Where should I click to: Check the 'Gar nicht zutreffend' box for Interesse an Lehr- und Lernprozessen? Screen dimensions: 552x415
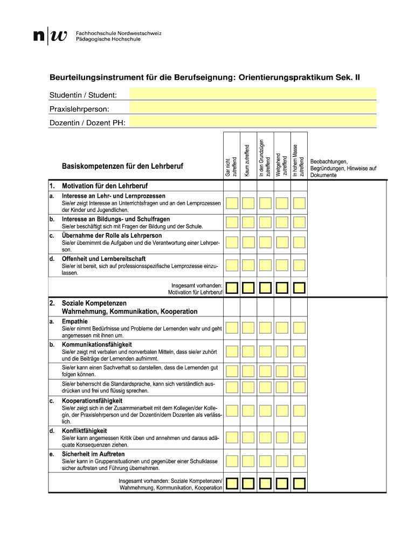point(231,203)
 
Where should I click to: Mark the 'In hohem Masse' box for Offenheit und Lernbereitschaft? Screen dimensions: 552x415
point(298,265)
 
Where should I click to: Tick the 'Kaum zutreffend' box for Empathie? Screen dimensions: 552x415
point(248,328)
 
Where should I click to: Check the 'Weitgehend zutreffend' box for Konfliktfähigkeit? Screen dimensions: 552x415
point(281,439)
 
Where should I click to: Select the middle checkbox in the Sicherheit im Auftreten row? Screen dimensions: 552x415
point(265,461)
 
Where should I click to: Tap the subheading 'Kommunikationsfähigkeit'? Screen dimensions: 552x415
point(97,344)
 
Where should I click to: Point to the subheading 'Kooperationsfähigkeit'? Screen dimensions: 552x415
point(92,401)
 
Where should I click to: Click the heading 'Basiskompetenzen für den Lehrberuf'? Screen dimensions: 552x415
point(122,167)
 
